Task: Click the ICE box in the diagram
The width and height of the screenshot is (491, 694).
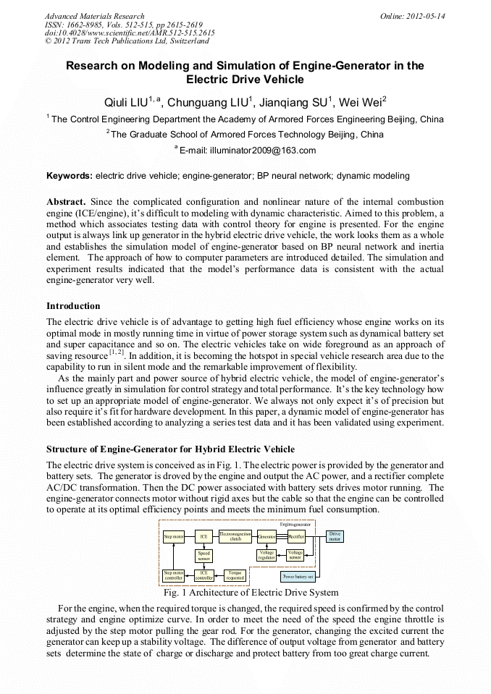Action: click(x=203, y=536)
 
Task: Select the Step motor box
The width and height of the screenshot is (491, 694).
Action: click(x=173, y=536)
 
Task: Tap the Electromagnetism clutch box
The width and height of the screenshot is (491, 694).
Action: click(x=235, y=536)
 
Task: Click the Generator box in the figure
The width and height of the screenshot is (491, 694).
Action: click(x=267, y=536)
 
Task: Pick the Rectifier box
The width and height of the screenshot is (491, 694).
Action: click(x=296, y=536)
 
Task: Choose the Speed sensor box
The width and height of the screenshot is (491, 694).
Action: click(x=203, y=556)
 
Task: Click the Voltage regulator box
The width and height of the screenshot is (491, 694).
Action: click(x=267, y=555)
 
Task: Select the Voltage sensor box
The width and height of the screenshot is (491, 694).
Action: click(x=295, y=555)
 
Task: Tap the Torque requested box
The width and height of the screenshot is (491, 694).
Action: click(x=235, y=576)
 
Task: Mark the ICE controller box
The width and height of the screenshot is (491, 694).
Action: click(x=203, y=576)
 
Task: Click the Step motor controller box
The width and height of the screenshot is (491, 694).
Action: click(x=173, y=576)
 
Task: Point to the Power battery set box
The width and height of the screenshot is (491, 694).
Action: click(x=298, y=577)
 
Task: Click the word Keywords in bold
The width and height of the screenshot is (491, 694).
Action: click(x=69, y=175)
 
